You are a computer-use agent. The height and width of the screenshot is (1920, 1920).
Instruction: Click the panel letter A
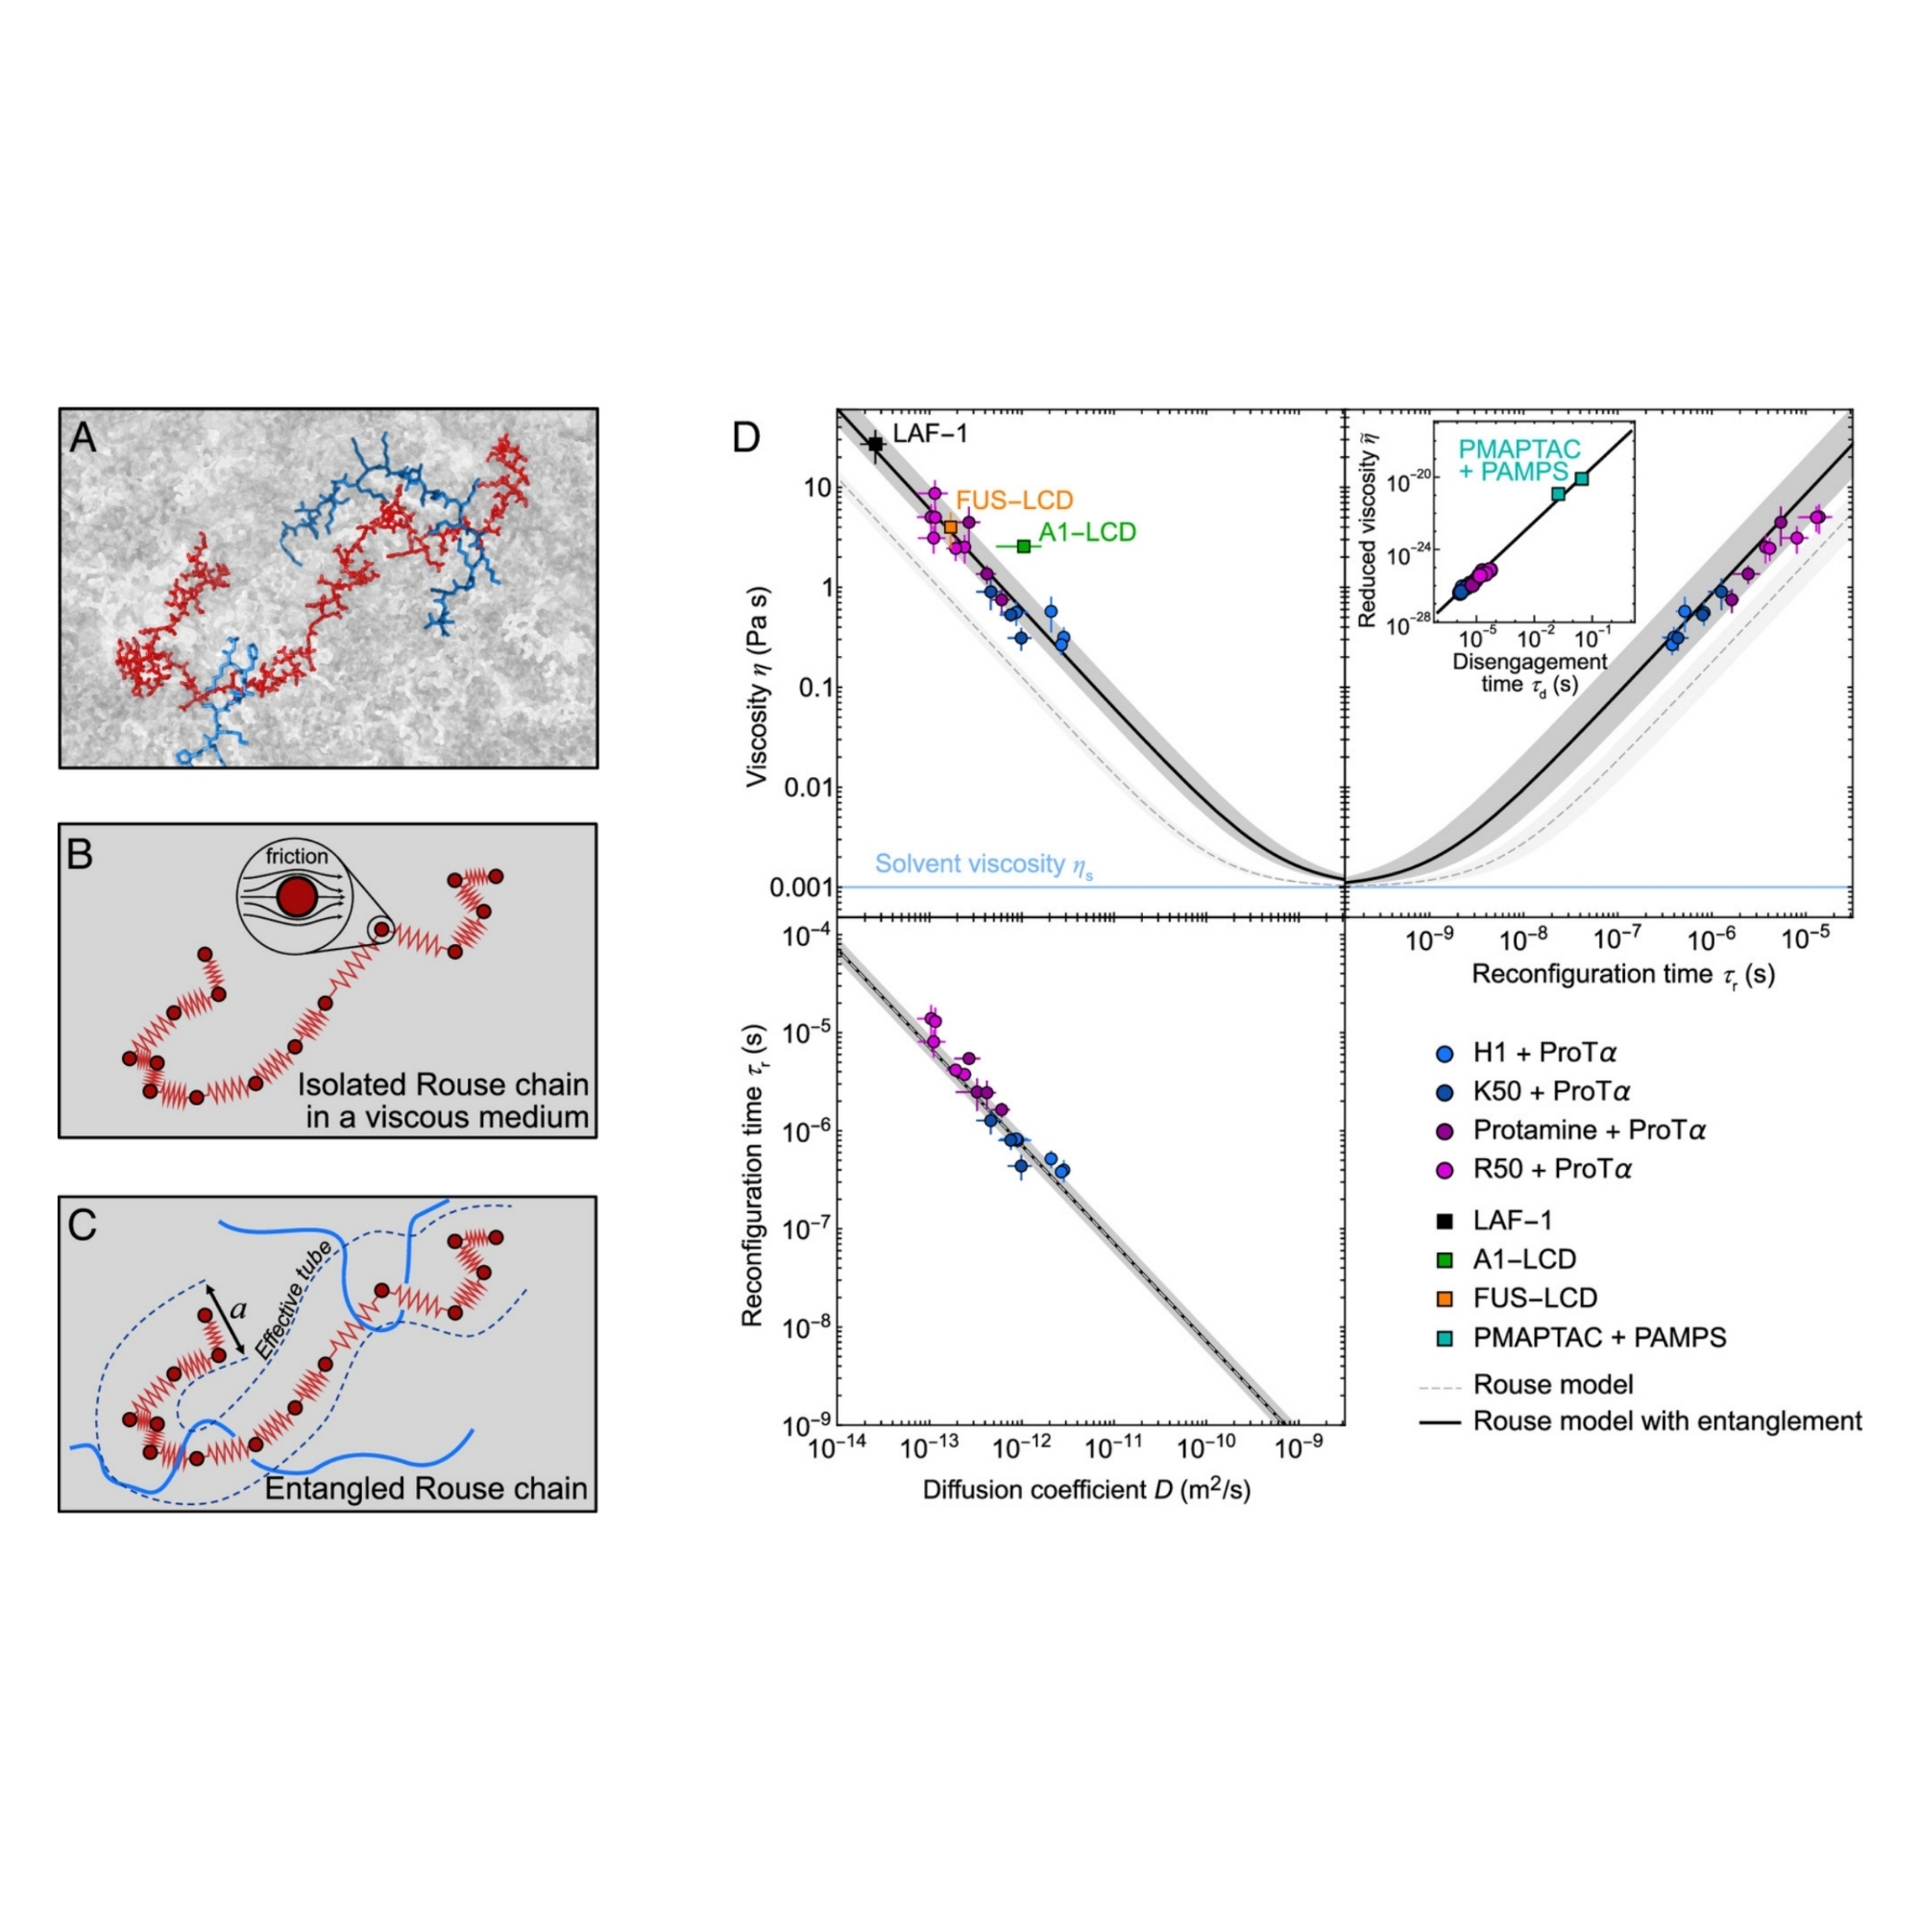(x=84, y=437)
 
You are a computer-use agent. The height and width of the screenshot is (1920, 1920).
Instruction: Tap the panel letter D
(x=745, y=437)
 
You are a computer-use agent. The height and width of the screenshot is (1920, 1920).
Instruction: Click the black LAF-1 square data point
(x=876, y=445)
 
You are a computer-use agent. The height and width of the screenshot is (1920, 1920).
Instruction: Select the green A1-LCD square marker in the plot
(x=1024, y=546)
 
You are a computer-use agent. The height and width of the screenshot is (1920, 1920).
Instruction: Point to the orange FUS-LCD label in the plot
(x=1013, y=499)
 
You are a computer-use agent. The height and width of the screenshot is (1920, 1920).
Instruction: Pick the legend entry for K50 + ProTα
(x=1551, y=1091)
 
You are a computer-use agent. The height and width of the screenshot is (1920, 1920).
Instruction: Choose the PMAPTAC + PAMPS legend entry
(x=1599, y=1337)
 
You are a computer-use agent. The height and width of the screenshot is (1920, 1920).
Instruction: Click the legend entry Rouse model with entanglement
(x=1666, y=1422)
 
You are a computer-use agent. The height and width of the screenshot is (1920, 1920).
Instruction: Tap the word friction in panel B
(x=296, y=856)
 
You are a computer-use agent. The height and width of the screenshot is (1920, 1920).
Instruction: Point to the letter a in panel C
(x=237, y=1310)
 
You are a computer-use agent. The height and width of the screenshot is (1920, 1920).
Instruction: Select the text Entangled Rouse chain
(x=425, y=1489)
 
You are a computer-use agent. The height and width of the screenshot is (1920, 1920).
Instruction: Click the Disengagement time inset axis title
(x=1529, y=672)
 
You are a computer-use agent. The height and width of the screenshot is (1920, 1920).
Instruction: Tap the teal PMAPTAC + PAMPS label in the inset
(x=1519, y=460)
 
